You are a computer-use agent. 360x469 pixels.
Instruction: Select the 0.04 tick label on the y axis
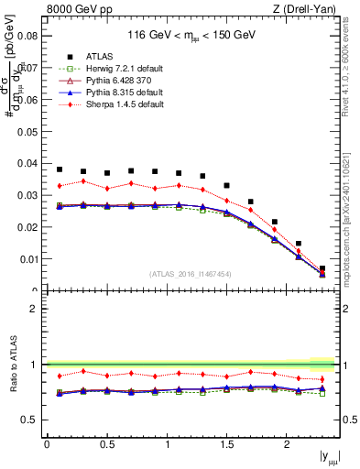point(27,163)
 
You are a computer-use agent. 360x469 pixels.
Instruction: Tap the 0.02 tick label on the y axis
point(27,227)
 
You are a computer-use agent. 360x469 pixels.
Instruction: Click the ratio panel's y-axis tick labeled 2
point(35,309)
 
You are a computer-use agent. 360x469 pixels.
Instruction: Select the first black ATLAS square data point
point(60,169)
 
